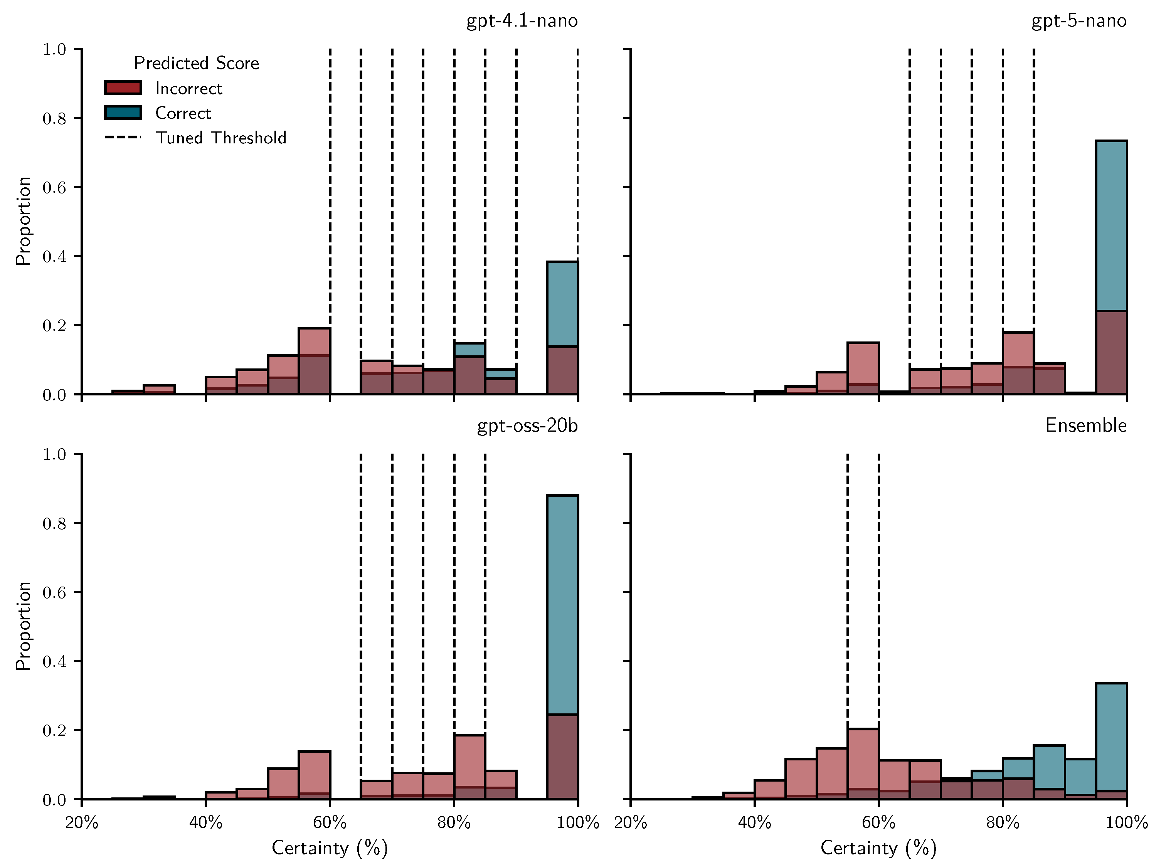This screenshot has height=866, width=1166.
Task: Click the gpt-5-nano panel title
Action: pyautogui.click(x=1079, y=21)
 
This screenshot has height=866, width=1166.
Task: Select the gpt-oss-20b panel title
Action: pyautogui.click(x=527, y=425)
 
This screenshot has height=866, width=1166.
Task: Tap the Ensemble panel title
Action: pyautogui.click(x=1085, y=425)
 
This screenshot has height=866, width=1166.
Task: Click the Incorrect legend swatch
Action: pyautogui.click(x=123, y=87)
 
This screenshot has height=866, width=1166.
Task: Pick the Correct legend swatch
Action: pyautogui.click(x=123, y=112)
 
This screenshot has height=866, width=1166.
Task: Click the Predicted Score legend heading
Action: pyautogui.click(x=196, y=63)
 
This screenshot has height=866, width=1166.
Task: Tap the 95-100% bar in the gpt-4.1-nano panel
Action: pyautogui.click(x=562, y=325)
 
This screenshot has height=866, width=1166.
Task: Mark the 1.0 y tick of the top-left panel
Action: pyautogui.click(x=54, y=49)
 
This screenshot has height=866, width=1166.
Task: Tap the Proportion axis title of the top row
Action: pyautogui.click(x=23, y=221)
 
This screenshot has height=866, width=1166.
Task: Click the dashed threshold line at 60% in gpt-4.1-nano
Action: pyautogui.click(x=330, y=183)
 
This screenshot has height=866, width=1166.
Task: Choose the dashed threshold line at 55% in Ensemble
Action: pyautogui.click(x=847, y=577)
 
